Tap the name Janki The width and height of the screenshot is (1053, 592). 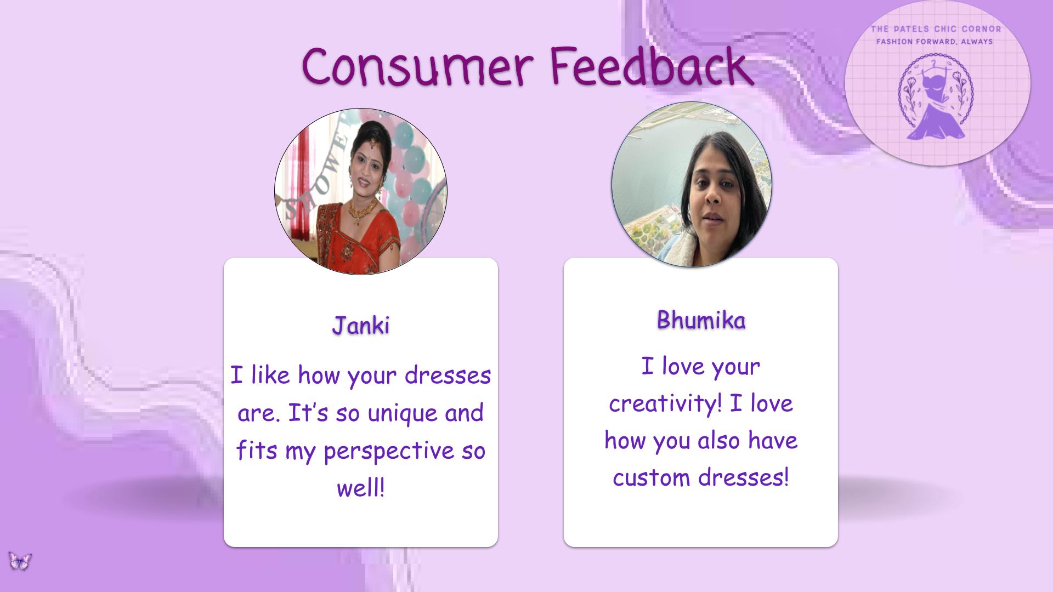pyautogui.click(x=361, y=325)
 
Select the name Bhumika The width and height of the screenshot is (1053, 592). pyautogui.click(x=701, y=320)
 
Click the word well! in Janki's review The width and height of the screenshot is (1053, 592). pyautogui.click(x=360, y=487)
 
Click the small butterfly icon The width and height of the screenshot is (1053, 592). pyautogui.click(x=20, y=561)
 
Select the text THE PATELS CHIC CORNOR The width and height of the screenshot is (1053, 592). pyautogui.click(x=936, y=29)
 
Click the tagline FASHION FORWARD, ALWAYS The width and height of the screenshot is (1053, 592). pyautogui.click(x=935, y=41)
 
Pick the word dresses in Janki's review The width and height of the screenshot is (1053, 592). pyautogui.click(x=448, y=375)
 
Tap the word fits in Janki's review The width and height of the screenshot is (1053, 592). pyautogui.click(x=257, y=451)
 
